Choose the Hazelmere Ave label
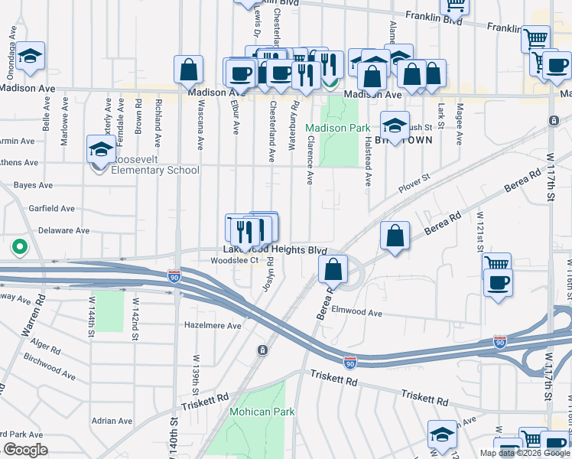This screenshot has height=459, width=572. (x=213, y=325)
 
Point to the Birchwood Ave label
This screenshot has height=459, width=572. (x=50, y=366)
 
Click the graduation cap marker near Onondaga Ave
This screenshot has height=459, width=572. (x=31, y=56)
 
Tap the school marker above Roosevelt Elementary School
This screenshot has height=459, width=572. (x=101, y=150)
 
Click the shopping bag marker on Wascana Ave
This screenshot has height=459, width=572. (x=188, y=70)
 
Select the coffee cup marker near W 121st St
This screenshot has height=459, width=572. (x=497, y=282)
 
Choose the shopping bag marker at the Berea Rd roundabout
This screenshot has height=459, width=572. (x=333, y=269)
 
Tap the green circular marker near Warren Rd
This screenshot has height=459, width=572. (x=19, y=248)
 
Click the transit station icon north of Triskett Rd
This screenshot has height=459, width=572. (x=263, y=350)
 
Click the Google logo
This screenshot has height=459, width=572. (x=25, y=450)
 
